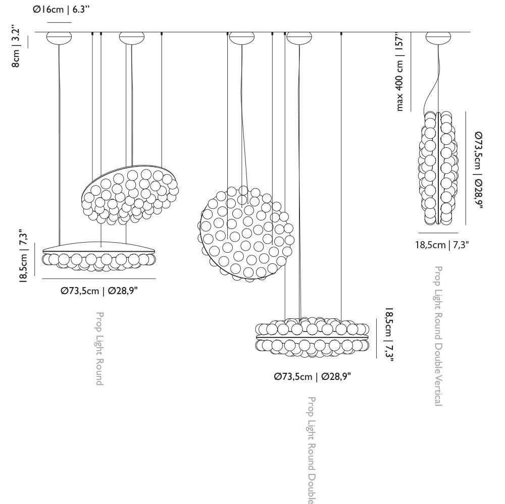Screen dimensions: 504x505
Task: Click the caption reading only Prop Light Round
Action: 100,348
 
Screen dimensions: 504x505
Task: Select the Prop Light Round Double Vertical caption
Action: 438,335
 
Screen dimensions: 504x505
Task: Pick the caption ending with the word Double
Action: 312,449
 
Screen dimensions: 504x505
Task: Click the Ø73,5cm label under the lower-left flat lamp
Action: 99,291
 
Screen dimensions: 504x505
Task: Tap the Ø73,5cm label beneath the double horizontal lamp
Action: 312,376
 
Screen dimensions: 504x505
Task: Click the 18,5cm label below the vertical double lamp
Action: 442,245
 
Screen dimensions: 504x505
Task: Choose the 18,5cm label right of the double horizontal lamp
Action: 389,334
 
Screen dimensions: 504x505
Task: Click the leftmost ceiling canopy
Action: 59,37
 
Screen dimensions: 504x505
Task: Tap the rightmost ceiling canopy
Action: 438,37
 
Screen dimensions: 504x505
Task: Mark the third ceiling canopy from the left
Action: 241,37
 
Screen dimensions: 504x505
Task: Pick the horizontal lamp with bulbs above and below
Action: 313,337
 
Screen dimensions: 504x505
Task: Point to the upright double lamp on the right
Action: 438,168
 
